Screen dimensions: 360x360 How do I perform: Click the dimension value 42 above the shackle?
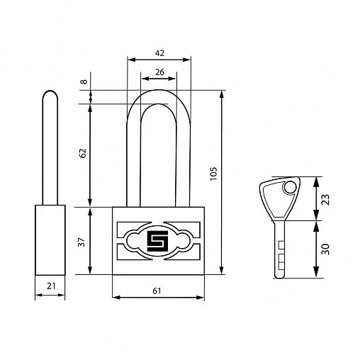pyautogui.click(x=159, y=53)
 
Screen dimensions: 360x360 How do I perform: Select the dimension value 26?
pyautogui.click(x=159, y=72)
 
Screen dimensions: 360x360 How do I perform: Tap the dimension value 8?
pyautogui.click(x=84, y=81)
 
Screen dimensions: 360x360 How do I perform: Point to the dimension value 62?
pyautogui.click(x=83, y=153)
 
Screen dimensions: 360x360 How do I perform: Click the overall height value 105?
pyautogui.click(x=213, y=174)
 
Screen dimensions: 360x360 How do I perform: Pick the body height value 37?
pyautogui.click(x=81, y=242)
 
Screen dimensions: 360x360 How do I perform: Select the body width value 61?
pyautogui.click(x=157, y=291)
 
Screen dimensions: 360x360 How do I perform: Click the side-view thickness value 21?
pyautogui.click(x=51, y=286)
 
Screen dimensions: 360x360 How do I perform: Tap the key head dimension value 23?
pyautogui.click(x=325, y=200)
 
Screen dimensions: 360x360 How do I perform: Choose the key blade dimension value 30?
pyautogui.click(x=325, y=249)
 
